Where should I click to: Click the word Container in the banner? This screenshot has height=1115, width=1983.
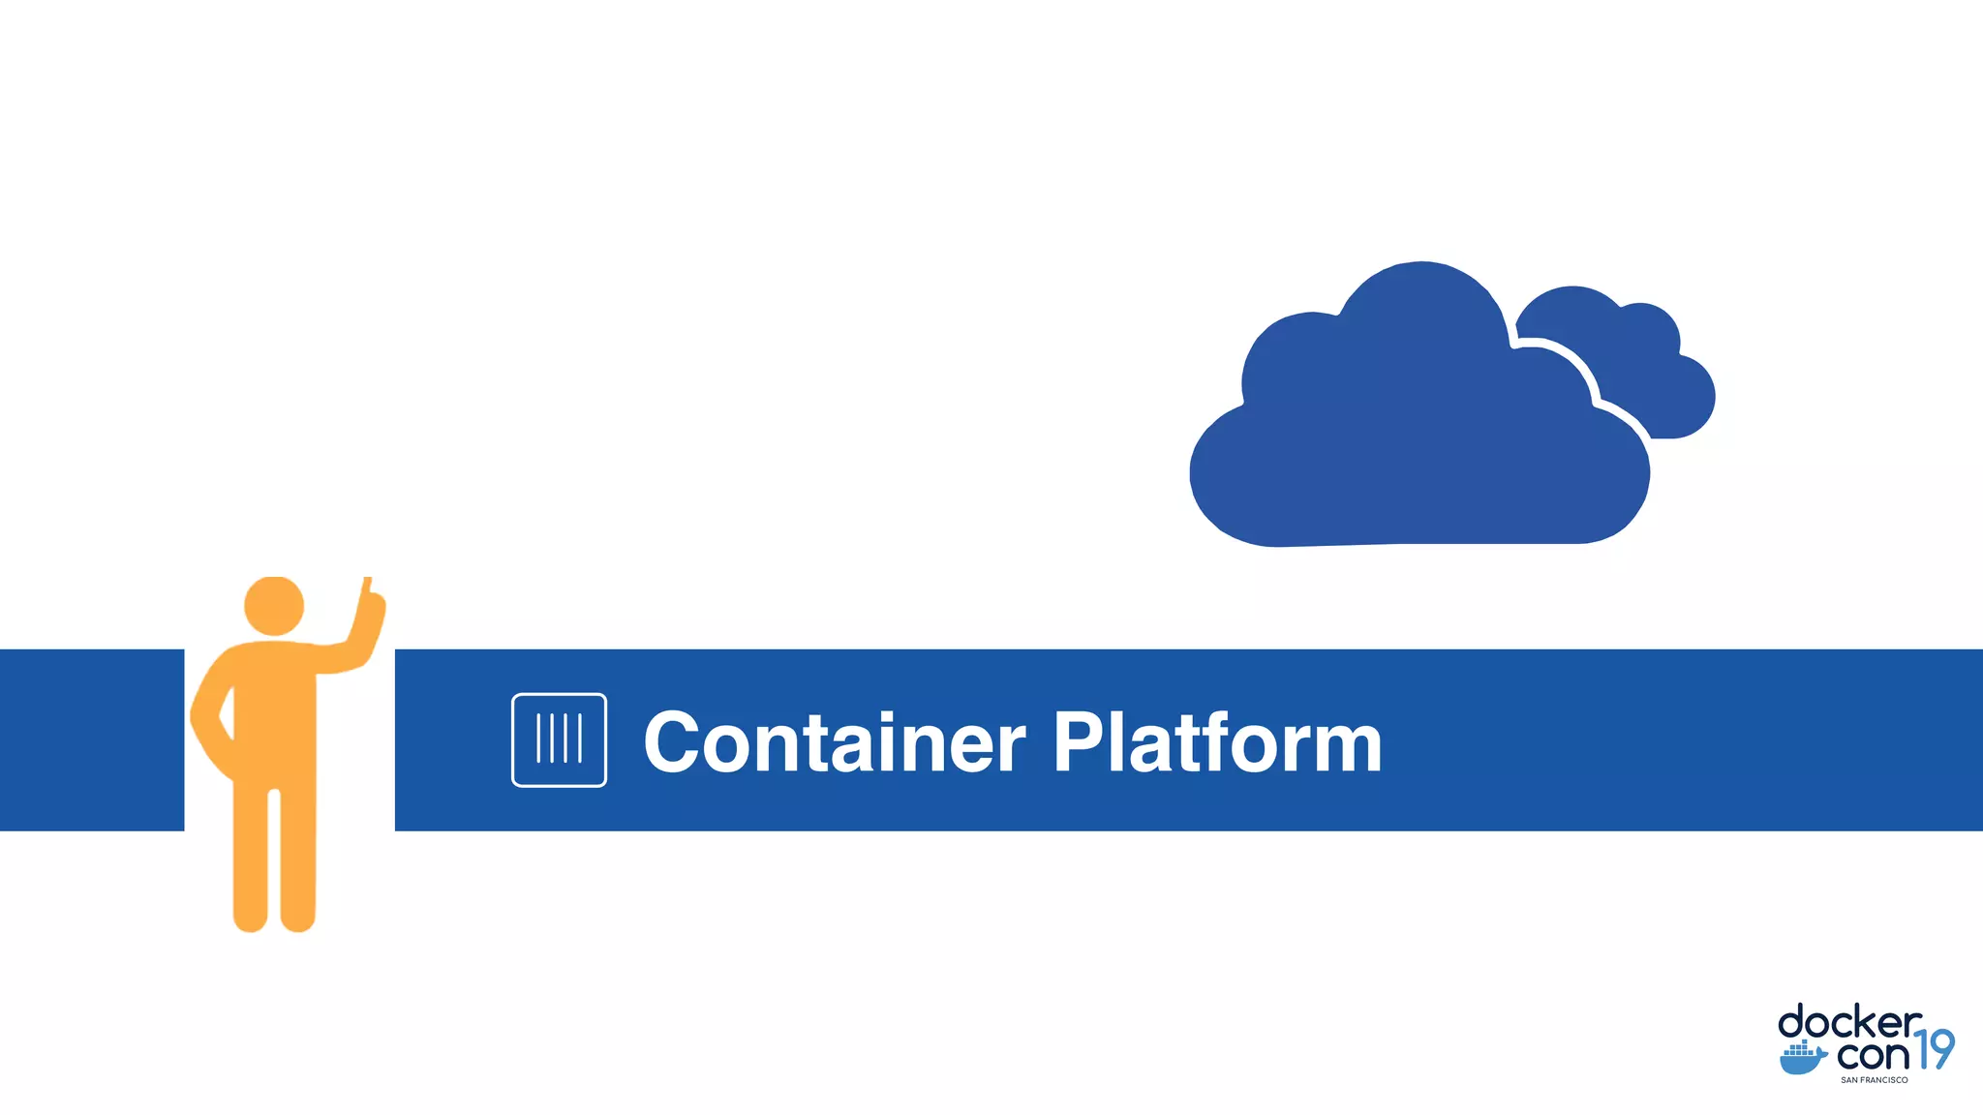click(x=834, y=743)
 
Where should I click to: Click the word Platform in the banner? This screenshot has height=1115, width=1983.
click(x=1217, y=743)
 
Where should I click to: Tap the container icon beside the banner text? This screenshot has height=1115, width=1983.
click(x=559, y=740)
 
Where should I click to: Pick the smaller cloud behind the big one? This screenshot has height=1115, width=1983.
click(x=1646, y=368)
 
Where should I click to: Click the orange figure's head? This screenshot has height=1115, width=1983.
click(x=274, y=607)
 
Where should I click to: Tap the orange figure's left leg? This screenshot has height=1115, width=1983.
click(x=250, y=861)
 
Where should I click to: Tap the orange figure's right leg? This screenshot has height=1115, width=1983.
click(x=297, y=861)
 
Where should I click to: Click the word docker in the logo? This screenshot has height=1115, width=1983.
click(x=1849, y=1024)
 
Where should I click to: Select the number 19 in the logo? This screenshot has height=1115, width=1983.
click(x=1935, y=1050)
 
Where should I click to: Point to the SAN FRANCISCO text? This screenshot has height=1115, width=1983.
click(x=1874, y=1080)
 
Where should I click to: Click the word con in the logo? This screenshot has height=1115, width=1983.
click(x=1873, y=1054)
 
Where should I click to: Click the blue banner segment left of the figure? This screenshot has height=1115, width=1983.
click(x=92, y=740)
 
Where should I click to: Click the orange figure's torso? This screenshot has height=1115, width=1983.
click(x=274, y=716)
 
